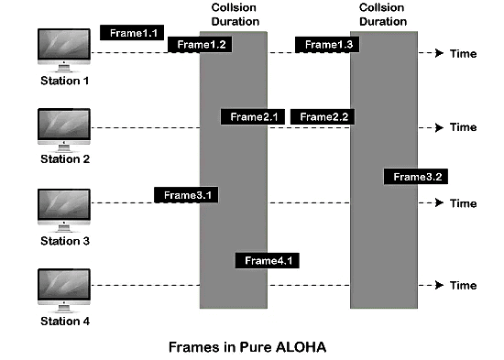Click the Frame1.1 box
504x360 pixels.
coord(133,34)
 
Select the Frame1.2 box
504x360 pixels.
coord(202,44)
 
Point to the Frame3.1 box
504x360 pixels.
coord(187,194)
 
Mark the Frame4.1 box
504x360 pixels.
coord(268,260)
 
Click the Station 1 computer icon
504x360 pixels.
coord(64,49)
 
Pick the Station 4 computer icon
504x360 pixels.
coord(64,289)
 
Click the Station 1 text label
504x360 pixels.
coord(64,80)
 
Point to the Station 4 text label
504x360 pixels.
coord(64,320)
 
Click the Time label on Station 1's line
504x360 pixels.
coord(463,54)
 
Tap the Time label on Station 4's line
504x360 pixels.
coord(463,286)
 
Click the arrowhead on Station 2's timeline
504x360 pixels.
coord(438,128)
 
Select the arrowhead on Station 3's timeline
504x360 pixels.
coord(438,202)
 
